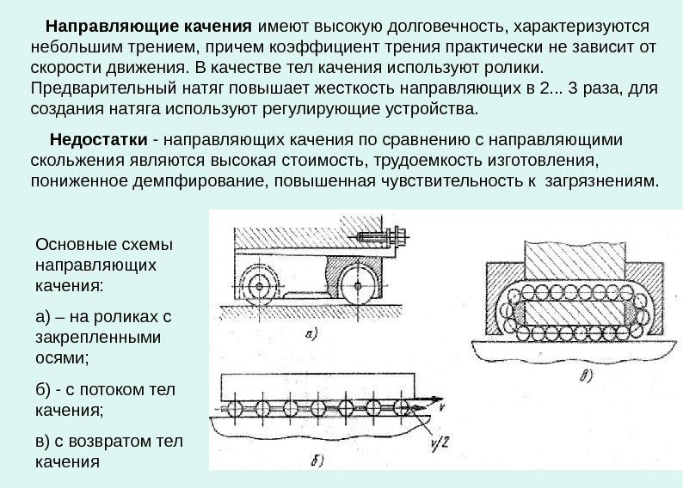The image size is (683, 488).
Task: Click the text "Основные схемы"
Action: click(93, 244)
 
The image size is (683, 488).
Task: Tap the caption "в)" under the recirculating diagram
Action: click(585, 375)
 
